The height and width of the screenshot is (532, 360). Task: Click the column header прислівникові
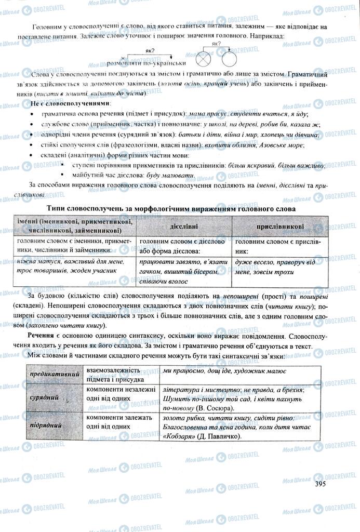[280, 228]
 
